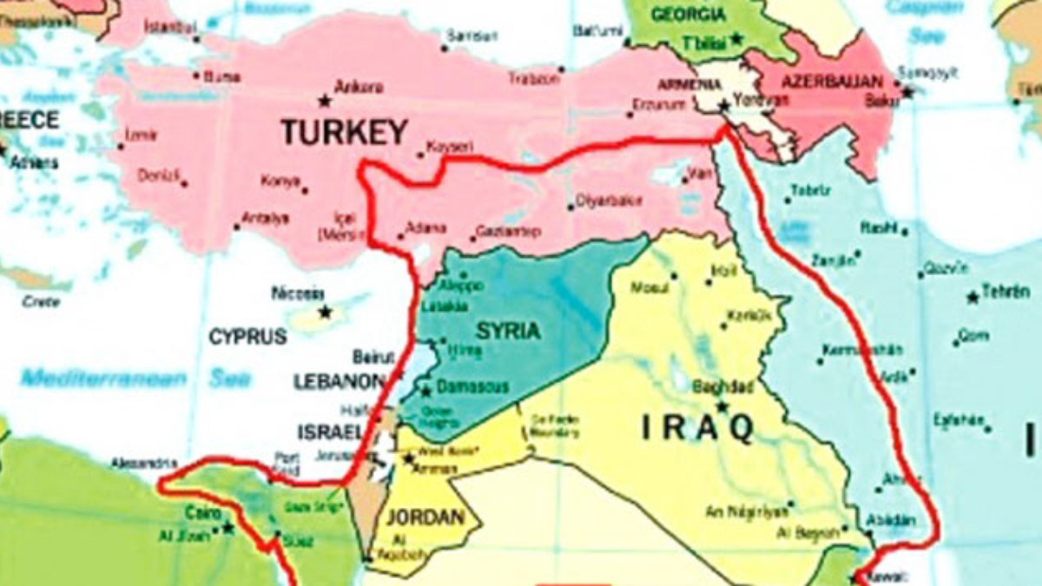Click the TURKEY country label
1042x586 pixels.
point(344,132)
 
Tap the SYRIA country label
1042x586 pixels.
point(508,331)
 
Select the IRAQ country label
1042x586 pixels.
point(697,428)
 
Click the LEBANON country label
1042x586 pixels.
point(339,382)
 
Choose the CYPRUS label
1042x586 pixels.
point(247,337)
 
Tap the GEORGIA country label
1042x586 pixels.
point(688,15)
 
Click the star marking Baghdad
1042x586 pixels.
point(722,405)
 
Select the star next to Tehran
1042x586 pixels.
point(972,298)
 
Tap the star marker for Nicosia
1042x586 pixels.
point(325,311)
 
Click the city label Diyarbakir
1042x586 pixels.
point(610,201)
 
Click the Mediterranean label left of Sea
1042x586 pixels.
point(103,379)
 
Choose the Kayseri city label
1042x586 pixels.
point(450,147)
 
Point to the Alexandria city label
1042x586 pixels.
point(143,464)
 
